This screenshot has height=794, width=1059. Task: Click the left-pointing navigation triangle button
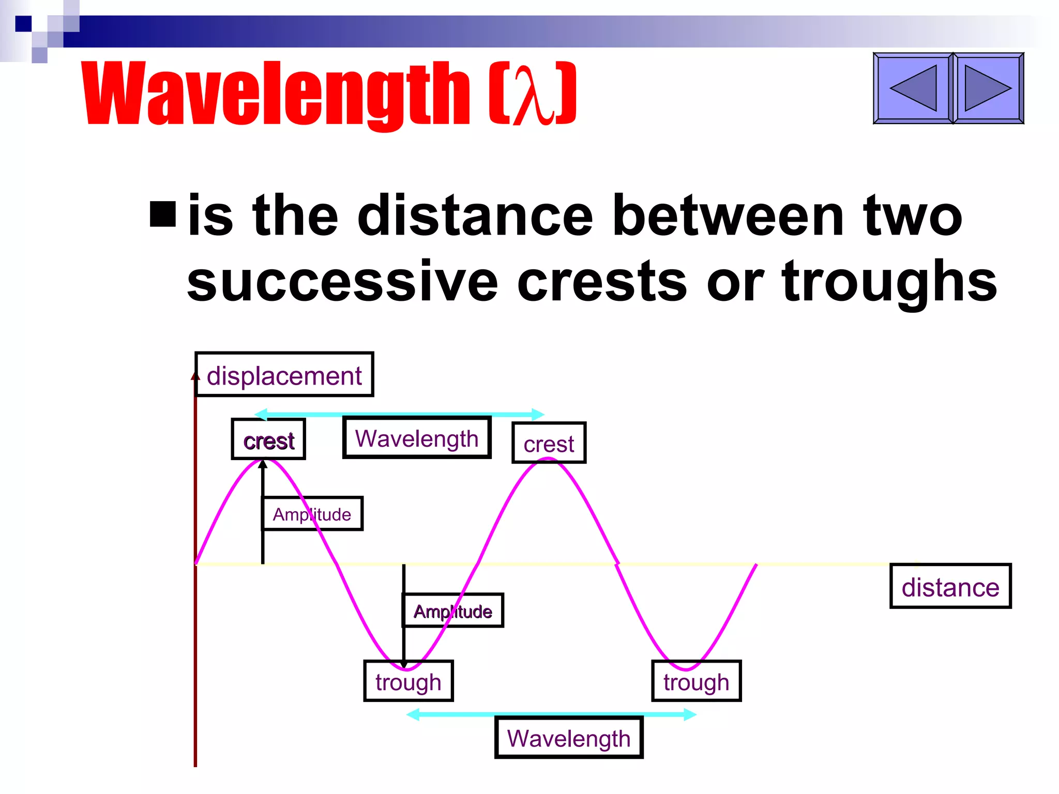[913, 88]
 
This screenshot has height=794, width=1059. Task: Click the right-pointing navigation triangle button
[988, 88]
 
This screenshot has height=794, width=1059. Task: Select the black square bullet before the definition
[163, 214]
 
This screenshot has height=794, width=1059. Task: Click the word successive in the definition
[342, 282]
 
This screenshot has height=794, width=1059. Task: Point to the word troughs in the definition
[889, 282]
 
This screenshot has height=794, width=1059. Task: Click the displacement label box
[284, 375]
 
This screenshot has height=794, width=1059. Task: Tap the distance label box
[950, 587]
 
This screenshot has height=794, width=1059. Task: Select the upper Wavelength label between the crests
[416, 438]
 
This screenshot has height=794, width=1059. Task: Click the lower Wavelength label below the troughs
[568, 738]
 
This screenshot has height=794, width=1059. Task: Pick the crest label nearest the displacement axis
[268, 440]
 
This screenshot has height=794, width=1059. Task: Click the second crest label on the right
[549, 444]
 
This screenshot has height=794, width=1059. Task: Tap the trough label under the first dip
[408, 681]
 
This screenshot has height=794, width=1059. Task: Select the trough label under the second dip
[696, 681]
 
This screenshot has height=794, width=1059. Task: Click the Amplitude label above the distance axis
[312, 514]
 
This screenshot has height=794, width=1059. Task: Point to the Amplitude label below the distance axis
[452, 611]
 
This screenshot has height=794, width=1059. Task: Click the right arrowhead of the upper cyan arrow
[538, 414]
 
